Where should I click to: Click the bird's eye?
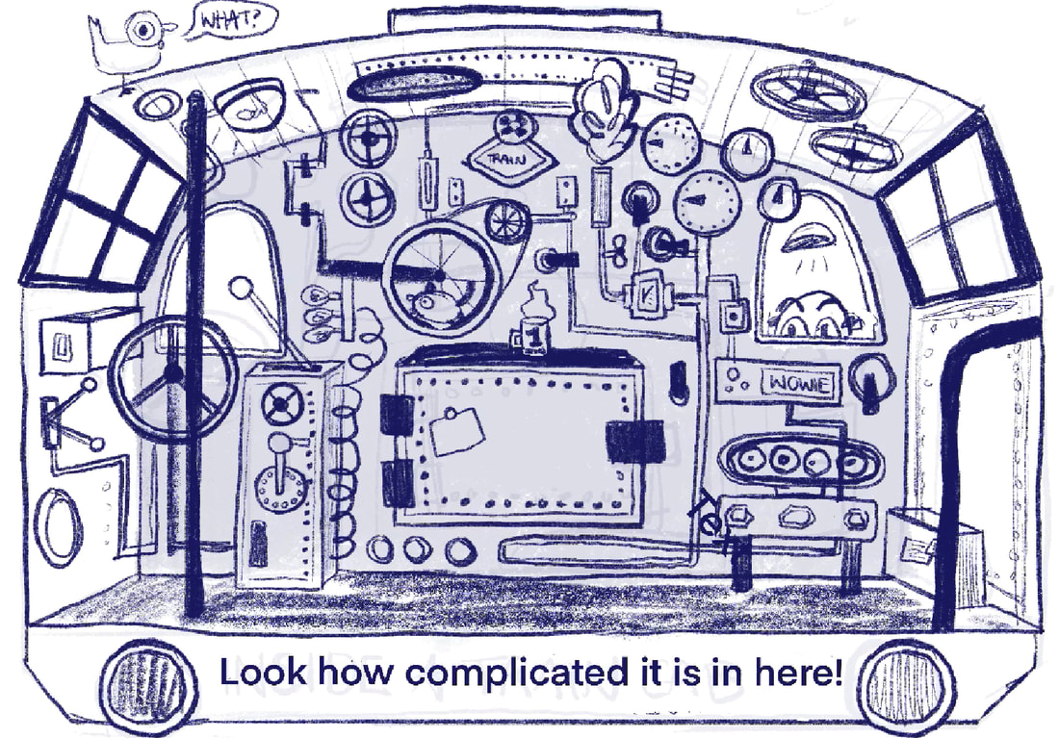click(x=146, y=29)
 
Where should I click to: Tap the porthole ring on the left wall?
click(x=59, y=525)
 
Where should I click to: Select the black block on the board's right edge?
click(x=635, y=442)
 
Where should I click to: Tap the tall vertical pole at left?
click(x=195, y=356)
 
